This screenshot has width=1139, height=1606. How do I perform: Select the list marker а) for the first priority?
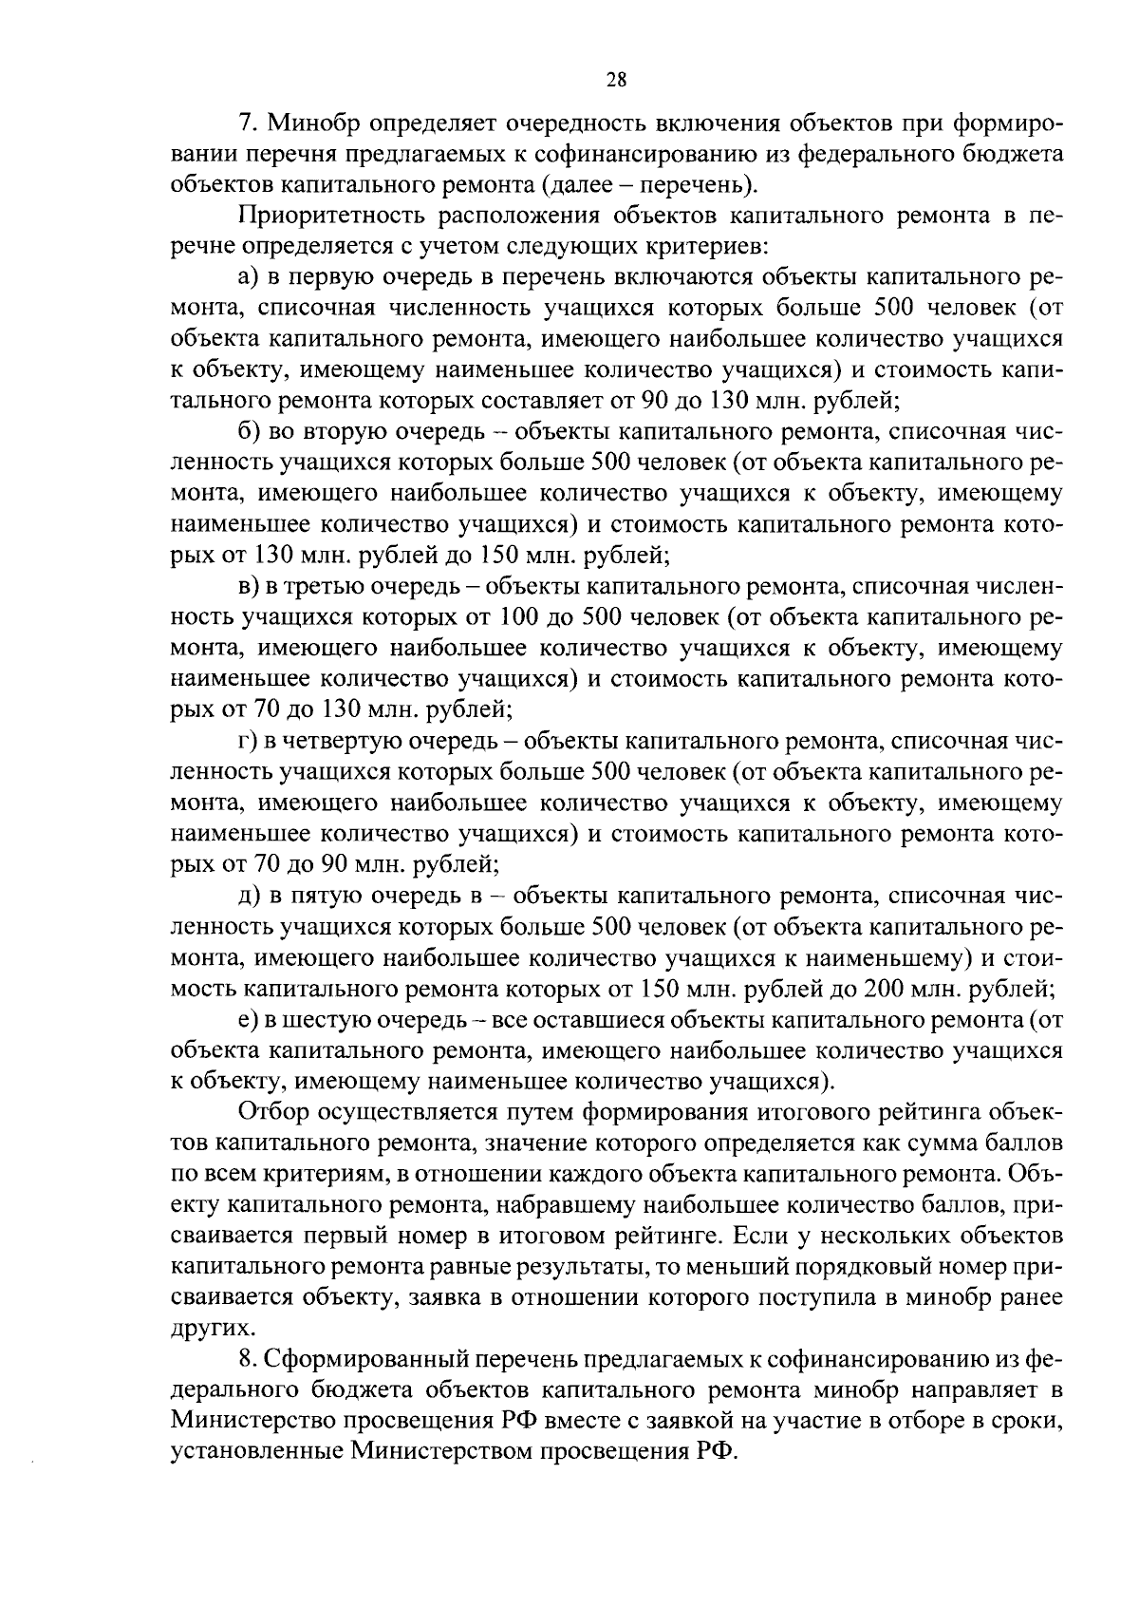(x=248, y=278)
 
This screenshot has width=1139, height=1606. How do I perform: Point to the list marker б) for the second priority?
(x=248, y=433)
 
